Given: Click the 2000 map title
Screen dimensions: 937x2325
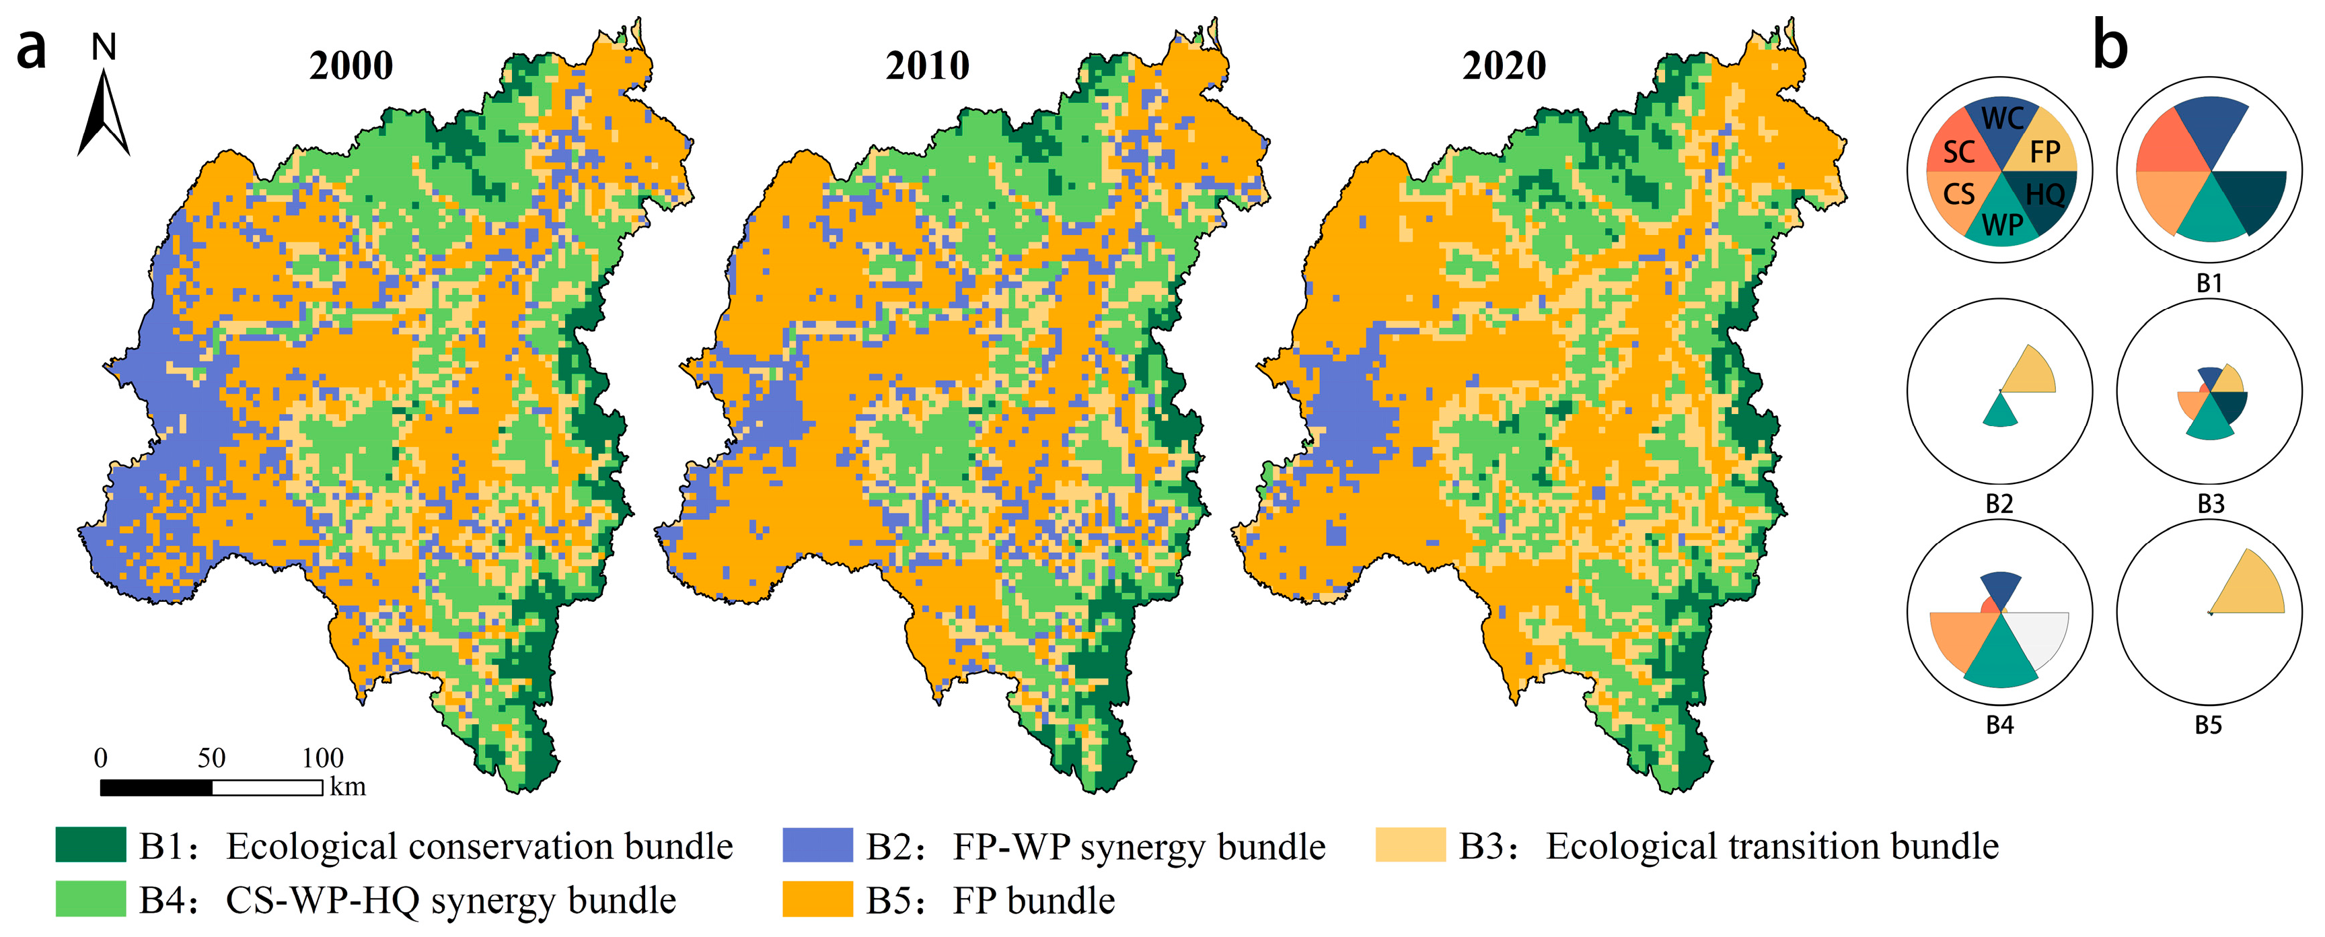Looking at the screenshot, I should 351,66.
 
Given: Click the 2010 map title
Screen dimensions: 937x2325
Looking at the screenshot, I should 927,66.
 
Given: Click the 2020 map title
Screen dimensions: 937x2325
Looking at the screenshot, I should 1504,66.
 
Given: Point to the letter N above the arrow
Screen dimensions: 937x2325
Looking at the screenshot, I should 105,46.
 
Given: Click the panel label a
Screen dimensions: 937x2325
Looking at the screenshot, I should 32,50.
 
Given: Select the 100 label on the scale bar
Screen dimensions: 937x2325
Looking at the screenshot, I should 322,757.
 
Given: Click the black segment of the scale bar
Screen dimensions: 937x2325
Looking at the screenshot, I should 156,787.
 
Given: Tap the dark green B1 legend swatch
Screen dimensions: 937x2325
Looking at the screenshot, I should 90,845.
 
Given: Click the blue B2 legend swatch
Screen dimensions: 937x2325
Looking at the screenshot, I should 817,845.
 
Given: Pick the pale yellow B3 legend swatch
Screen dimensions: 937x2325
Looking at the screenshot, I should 1410,845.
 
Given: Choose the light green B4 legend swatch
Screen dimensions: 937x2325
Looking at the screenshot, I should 90,899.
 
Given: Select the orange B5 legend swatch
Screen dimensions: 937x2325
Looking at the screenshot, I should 817,899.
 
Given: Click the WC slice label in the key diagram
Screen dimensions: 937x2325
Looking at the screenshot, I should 2003,118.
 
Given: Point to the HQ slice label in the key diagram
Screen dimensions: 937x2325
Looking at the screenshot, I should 2045,194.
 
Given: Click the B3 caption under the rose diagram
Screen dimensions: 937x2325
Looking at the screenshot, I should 2211,504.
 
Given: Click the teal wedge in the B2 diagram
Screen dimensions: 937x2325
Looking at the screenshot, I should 2001,413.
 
